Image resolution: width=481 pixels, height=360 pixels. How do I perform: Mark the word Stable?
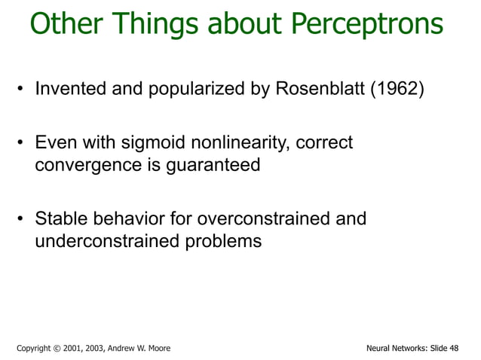[61, 219]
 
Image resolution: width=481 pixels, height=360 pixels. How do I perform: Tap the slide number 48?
[452, 348]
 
